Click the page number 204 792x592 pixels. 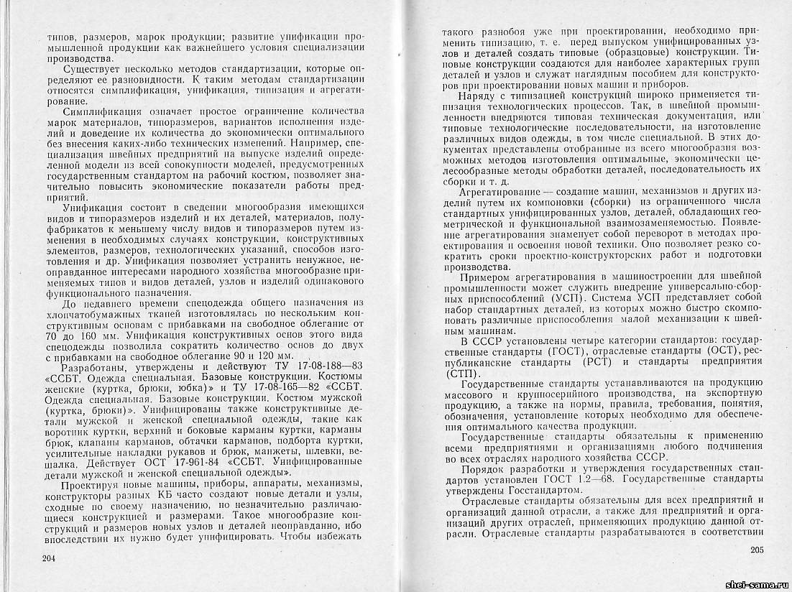(50, 558)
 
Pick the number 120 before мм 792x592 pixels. (267, 356)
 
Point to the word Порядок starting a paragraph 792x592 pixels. (484, 466)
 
